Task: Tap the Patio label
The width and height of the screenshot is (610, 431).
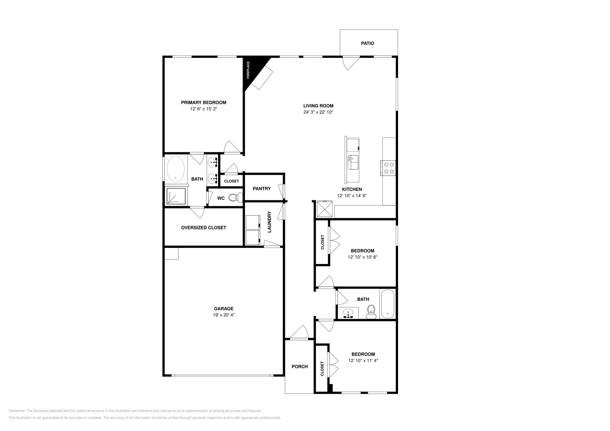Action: coord(368,43)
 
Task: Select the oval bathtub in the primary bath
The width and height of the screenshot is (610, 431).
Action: coord(175,169)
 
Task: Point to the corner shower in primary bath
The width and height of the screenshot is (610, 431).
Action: coord(175,196)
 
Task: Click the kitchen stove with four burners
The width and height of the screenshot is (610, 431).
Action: coord(388,168)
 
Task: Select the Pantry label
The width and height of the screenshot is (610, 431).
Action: coord(262,188)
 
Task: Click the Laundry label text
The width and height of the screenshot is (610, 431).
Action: coord(269,222)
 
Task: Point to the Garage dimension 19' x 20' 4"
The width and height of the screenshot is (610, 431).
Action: coord(223,315)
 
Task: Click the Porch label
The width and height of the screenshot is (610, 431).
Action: coord(300,367)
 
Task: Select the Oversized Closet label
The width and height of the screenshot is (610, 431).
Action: coord(204,228)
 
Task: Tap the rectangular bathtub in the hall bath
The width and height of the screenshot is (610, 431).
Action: coord(387,304)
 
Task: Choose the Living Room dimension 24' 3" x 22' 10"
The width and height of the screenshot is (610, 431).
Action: coord(318,112)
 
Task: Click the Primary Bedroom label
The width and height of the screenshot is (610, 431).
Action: coord(204,102)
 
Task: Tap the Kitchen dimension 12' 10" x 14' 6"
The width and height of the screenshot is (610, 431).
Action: coord(352,196)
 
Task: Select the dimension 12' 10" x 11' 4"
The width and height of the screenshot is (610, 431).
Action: coord(363,361)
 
